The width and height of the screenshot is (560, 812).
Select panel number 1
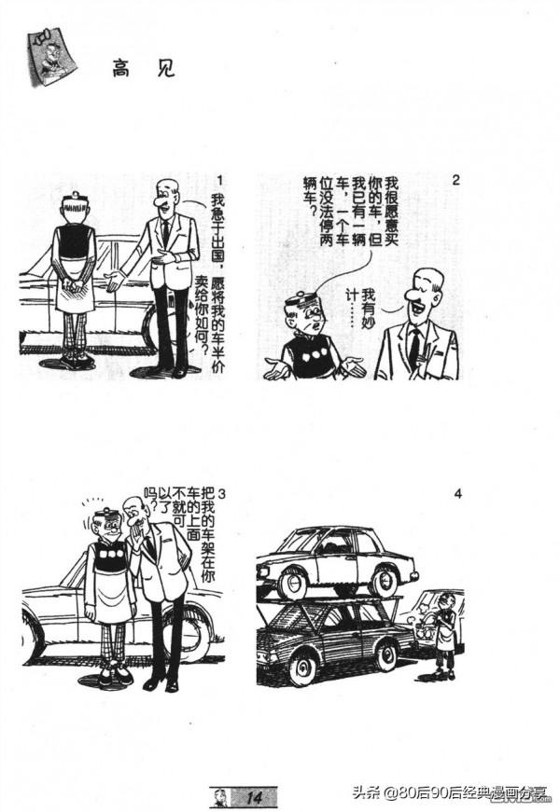(x=218, y=180)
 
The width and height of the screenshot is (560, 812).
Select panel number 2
(x=455, y=180)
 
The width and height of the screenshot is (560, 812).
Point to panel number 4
(x=457, y=494)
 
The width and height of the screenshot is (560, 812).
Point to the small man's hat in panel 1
(x=75, y=200)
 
